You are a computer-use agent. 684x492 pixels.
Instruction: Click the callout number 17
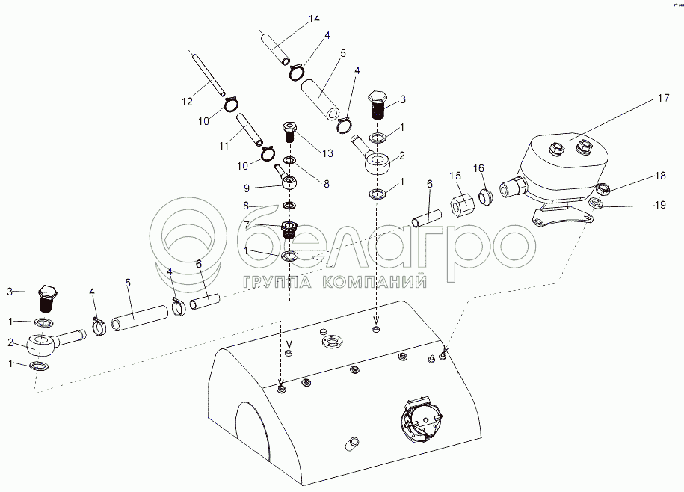point(663,98)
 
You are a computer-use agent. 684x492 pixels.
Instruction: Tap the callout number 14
point(314,19)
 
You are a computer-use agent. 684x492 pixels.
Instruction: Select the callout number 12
point(187,102)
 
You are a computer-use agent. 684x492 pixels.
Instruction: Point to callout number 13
point(327,153)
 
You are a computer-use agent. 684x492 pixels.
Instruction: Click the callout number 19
point(660,205)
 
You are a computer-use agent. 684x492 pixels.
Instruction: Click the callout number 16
point(478,168)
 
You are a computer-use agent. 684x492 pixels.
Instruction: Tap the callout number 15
point(455,176)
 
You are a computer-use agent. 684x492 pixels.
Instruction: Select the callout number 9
point(247,188)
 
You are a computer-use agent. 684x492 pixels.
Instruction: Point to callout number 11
point(224,146)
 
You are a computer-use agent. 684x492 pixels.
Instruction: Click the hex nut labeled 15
point(460,203)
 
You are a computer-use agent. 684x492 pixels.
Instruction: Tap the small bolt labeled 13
point(289,132)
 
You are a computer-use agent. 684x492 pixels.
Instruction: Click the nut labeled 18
point(602,190)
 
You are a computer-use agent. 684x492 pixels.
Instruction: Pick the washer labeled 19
point(596,203)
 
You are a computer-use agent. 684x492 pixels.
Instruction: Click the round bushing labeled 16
point(486,197)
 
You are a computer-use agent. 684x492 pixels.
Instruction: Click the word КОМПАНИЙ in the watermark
point(375,282)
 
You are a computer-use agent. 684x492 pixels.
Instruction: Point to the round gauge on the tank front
point(420,422)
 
